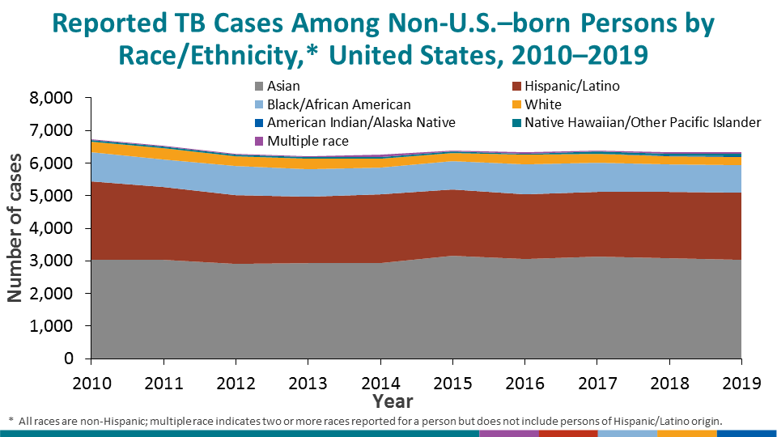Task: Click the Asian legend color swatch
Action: coord(259,87)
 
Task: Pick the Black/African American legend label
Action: coord(339,104)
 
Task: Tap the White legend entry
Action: coord(543,104)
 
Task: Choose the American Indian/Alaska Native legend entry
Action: coord(361,123)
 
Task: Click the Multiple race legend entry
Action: coord(308,141)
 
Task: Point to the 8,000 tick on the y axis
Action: coord(51,98)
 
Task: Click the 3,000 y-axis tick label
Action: coord(51,261)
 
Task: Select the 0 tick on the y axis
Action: coord(69,359)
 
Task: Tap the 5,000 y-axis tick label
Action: coord(51,196)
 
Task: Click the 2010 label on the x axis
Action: coord(91,381)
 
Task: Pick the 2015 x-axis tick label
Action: coord(452,381)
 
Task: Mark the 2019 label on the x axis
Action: coord(741,381)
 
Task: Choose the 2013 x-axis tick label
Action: coord(308,381)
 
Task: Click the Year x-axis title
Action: coord(393,401)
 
